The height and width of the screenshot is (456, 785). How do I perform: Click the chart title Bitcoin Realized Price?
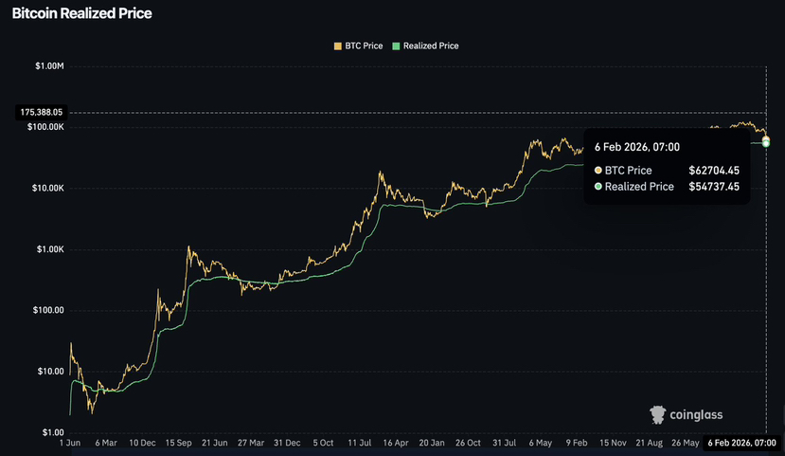click(x=81, y=13)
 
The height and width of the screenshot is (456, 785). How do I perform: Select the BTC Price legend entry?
click(x=359, y=46)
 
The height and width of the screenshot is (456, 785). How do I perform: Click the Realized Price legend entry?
click(x=425, y=46)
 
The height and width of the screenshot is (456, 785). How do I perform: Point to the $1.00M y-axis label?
click(x=49, y=66)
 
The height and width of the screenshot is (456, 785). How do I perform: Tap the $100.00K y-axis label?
click(x=45, y=127)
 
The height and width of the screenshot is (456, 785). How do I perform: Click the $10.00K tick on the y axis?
click(x=48, y=189)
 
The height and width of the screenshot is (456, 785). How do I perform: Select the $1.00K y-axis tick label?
click(x=50, y=249)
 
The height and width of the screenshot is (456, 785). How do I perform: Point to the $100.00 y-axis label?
click(x=48, y=311)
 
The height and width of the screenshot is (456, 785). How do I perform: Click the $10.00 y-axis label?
click(x=50, y=372)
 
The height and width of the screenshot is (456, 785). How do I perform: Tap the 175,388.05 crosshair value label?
click(x=42, y=112)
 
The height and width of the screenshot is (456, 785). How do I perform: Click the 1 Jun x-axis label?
click(x=69, y=443)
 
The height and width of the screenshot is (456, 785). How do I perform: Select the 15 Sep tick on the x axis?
click(x=178, y=443)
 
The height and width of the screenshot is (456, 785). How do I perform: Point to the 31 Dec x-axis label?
click(x=287, y=443)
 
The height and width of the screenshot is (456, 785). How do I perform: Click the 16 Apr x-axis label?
click(x=396, y=443)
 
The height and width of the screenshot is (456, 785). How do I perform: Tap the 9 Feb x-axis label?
click(x=577, y=443)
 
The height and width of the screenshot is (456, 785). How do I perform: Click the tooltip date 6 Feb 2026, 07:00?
click(x=637, y=147)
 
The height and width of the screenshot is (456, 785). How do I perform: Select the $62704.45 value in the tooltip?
click(x=714, y=171)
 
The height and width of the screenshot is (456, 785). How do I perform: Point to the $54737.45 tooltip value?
click(x=714, y=187)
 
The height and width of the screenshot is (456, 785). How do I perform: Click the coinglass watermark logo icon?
click(x=657, y=415)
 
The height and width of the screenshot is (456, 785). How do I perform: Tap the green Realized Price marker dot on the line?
click(x=766, y=144)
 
